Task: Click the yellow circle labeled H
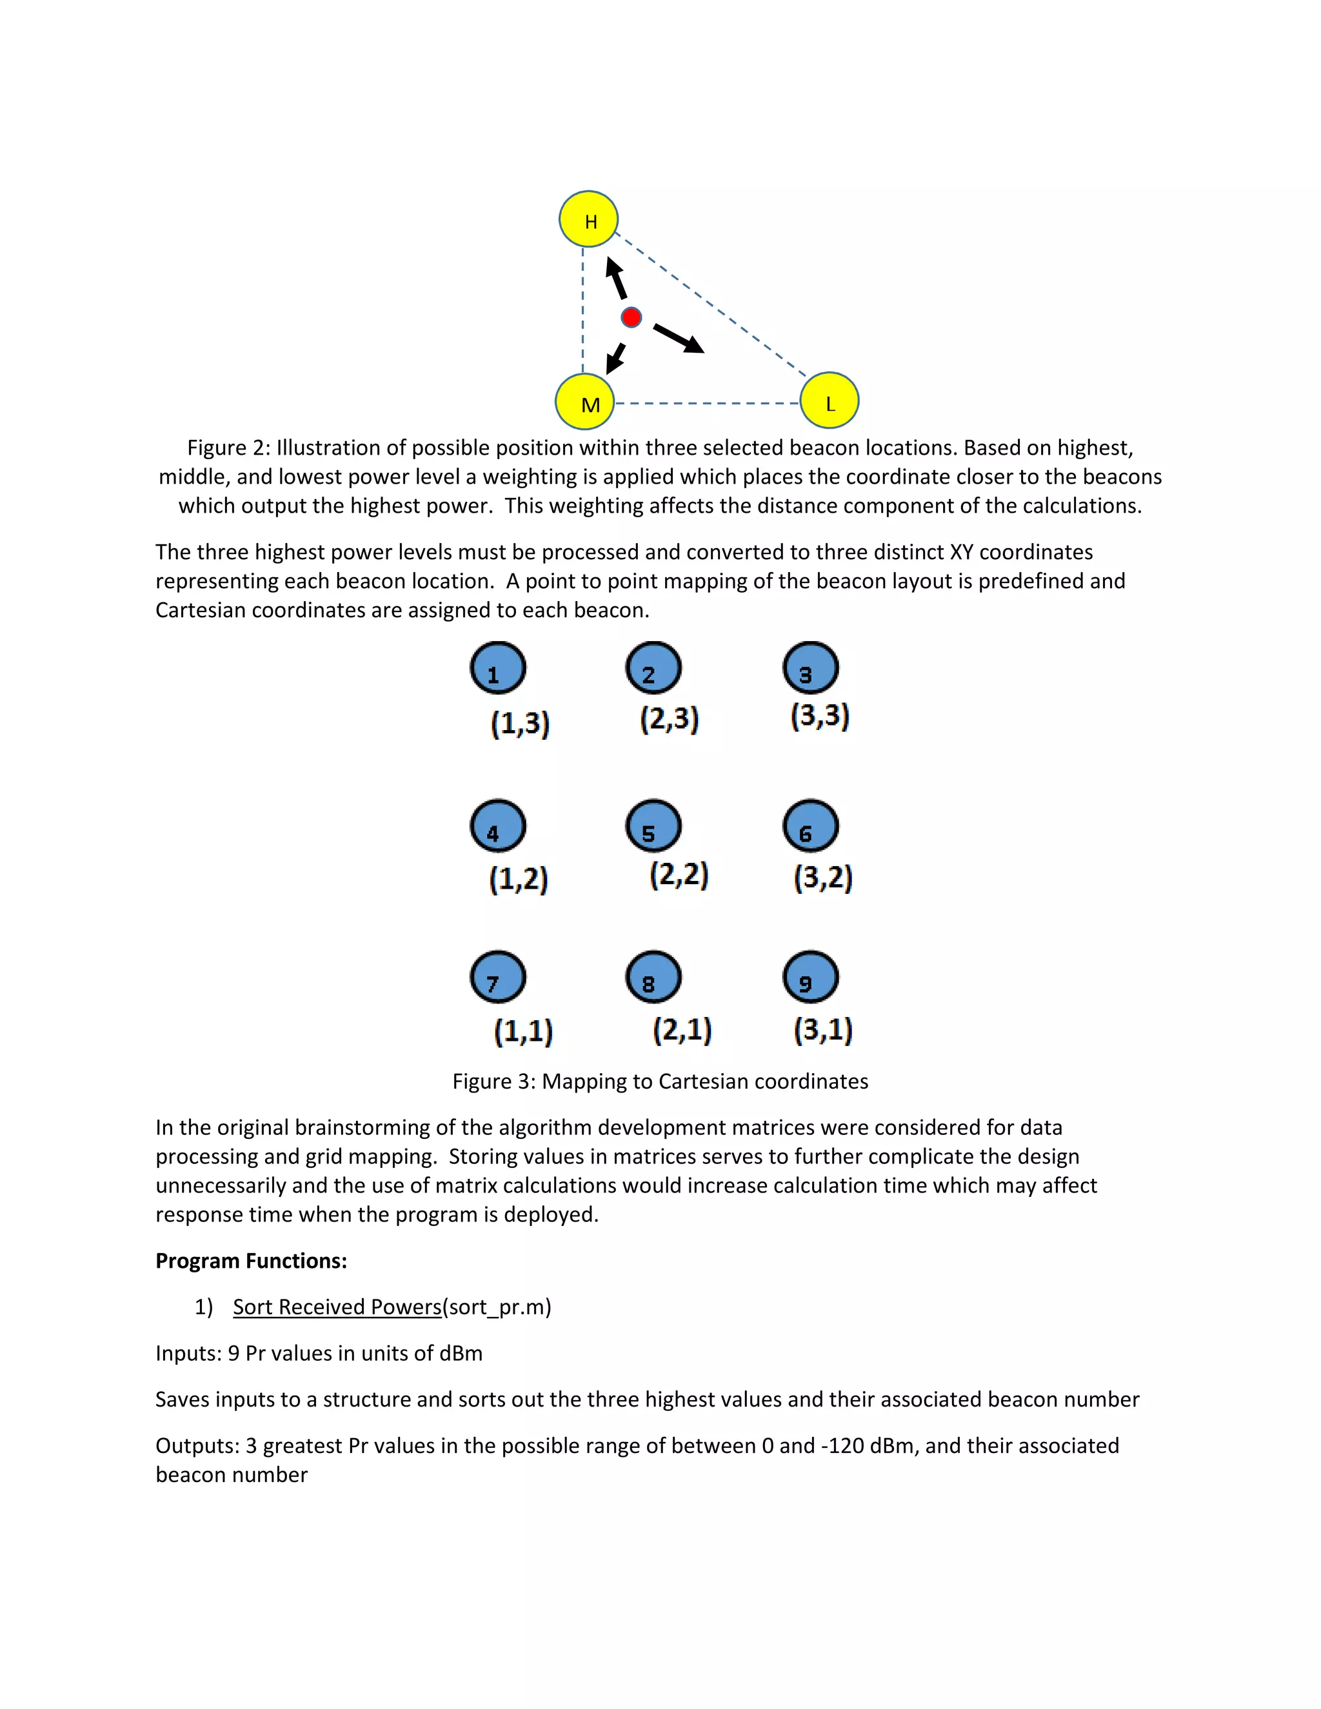pyautogui.click(x=588, y=219)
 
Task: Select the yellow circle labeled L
pyautogui.click(x=829, y=400)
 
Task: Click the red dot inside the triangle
pyautogui.click(x=631, y=317)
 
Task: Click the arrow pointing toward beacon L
pyautogui.click(x=679, y=338)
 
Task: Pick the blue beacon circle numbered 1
pyautogui.click(x=498, y=668)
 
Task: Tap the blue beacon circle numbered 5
pyautogui.click(x=653, y=826)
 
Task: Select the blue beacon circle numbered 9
pyautogui.click(x=811, y=977)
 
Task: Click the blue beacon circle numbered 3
pyautogui.click(x=811, y=668)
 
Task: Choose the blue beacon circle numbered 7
pyautogui.click(x=498, y=977)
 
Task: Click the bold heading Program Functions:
pyautogui.click(x=251, y=1261)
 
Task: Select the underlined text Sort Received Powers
pyautogui.click(x=337, y=1307)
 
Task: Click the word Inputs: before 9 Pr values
pyautogui.click(x=188, y=1353)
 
